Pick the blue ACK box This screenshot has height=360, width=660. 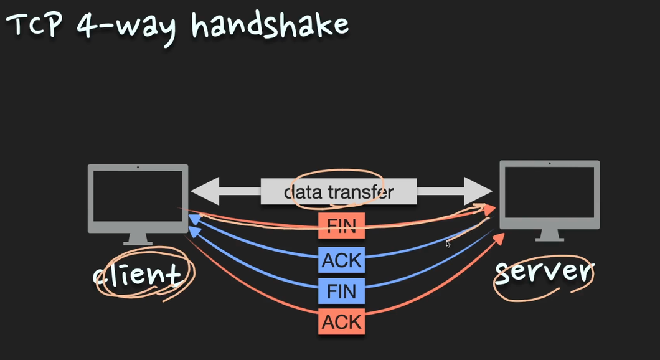341,260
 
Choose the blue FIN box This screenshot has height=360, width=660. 341,291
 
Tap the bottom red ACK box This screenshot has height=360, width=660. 341,321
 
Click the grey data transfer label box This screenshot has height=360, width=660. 339,191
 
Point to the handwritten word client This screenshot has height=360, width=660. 138,273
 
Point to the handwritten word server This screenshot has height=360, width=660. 544,272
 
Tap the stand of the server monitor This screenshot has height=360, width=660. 549,235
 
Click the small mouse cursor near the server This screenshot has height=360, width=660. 448,244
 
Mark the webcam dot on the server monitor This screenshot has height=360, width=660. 549,164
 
